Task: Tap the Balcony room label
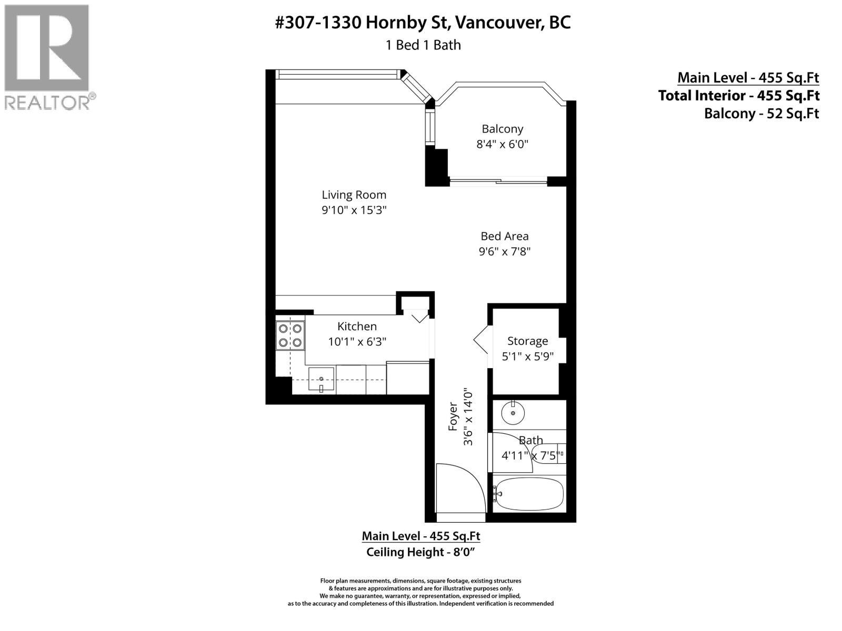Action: pos(502,129)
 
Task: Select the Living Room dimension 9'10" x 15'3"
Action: pos(354,210)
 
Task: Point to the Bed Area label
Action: pos(504,236)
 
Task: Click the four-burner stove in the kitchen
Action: pos(290,335)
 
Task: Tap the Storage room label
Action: pos(527,341)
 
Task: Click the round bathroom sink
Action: pos(513,413)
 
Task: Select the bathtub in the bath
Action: pos(529,494)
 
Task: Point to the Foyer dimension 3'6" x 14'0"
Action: pos(468,417)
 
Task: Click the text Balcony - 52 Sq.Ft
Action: pos(761,113)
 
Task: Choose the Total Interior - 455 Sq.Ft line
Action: pos(738,95)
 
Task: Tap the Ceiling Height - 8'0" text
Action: pos(420,552)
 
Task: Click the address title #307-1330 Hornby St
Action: pos(423,23)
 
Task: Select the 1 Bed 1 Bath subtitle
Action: pos(423,45)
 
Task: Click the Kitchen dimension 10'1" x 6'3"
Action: pos(357,342)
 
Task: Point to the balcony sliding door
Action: pos(498,182)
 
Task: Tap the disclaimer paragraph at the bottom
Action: pos(420,592)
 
